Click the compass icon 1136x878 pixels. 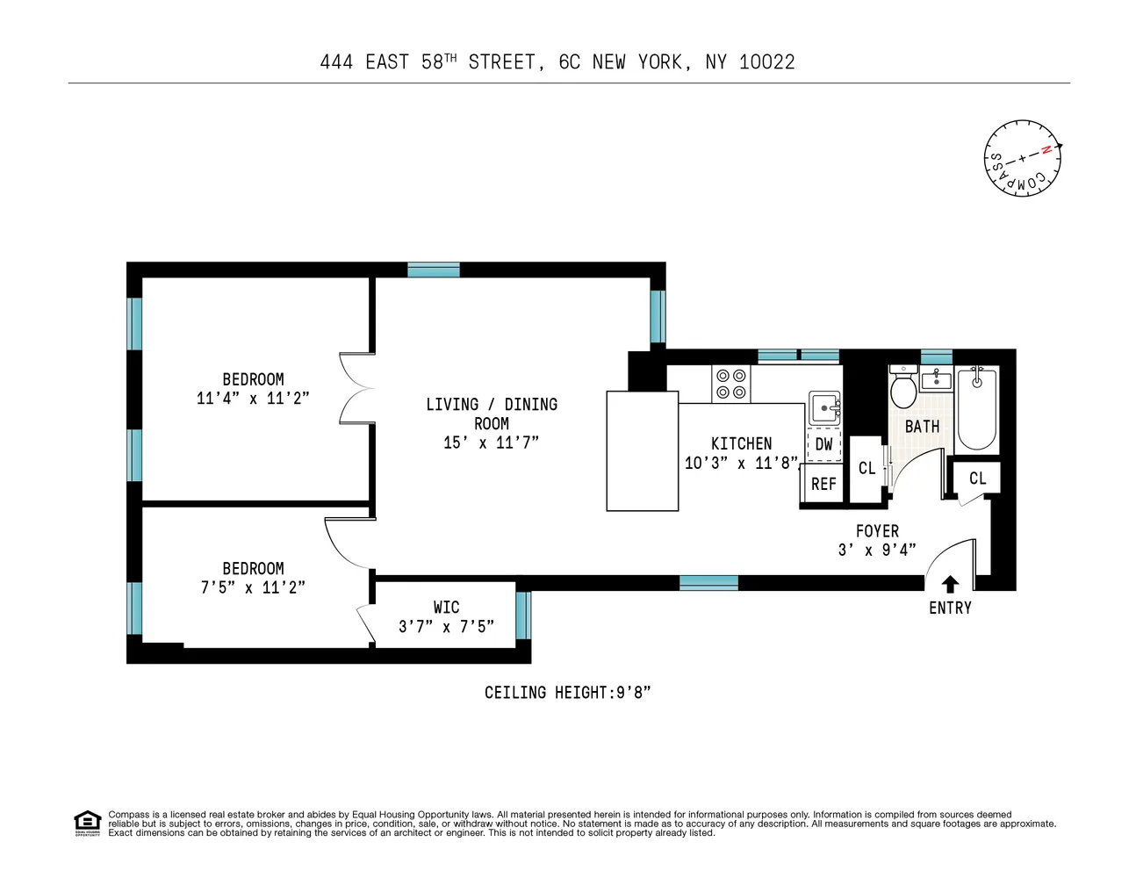[1022, 158]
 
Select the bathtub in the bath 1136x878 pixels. [976, 409]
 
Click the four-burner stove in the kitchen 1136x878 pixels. [730, 383]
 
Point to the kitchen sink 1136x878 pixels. [824, 407]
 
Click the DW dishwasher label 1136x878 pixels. [823, 444]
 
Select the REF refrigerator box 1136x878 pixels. [823, 484]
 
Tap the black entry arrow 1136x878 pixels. [950, 585]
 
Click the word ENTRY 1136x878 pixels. [950, 608]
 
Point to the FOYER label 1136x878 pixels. [877, 531]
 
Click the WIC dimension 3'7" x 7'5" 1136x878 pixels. [446, 626]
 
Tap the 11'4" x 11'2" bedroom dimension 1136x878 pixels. [253, 399]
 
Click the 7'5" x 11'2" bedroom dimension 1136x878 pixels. [253, 587]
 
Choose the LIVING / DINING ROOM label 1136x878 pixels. [492, 414]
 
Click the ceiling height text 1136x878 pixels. [567, 693]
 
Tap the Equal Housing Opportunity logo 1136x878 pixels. [87, 823]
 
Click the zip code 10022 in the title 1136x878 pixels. [766, 61]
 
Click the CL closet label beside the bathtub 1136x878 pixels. [978, 479]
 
